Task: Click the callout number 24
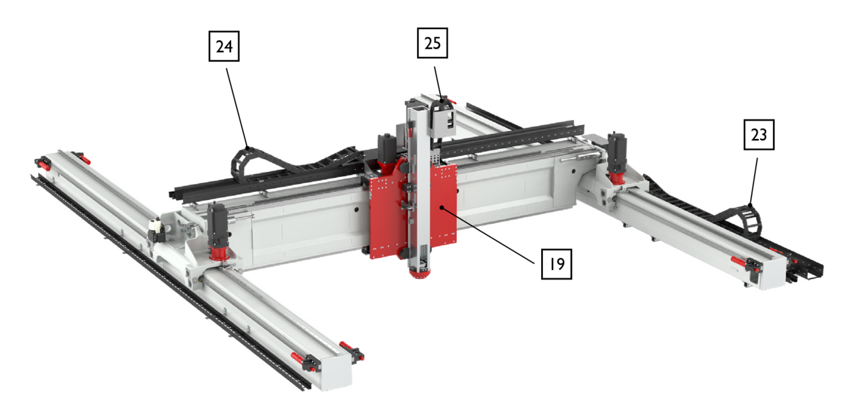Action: click(x=224, y=46)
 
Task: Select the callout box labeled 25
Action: click(x=432, y=44)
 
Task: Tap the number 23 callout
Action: click(x=758, y=135)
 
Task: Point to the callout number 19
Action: click(x=556, y=264)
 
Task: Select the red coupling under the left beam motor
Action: click(x=217, y=252)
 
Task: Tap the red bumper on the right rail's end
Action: click(x=739, y=261)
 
